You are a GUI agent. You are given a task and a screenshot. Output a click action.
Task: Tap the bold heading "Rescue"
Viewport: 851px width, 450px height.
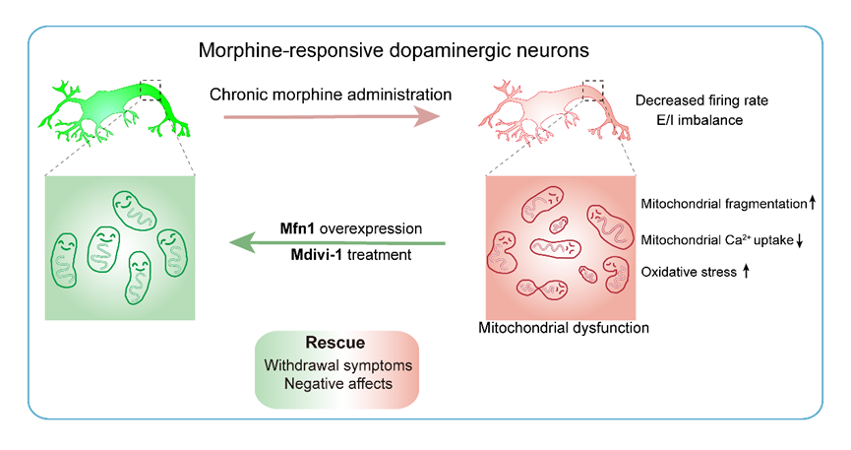pos(335,344)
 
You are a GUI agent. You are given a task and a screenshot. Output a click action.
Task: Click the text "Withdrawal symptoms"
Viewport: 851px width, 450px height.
pos(335,364)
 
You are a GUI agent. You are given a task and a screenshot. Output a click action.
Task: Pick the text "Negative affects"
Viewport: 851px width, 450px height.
pos(335,384)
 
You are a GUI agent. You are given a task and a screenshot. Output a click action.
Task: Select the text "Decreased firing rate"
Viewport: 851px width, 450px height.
pos(700,101)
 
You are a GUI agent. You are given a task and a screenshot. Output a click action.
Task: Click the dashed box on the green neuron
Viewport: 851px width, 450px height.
pos(150,90)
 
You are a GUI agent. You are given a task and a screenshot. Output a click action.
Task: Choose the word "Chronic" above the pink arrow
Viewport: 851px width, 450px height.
pos(241,96)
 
